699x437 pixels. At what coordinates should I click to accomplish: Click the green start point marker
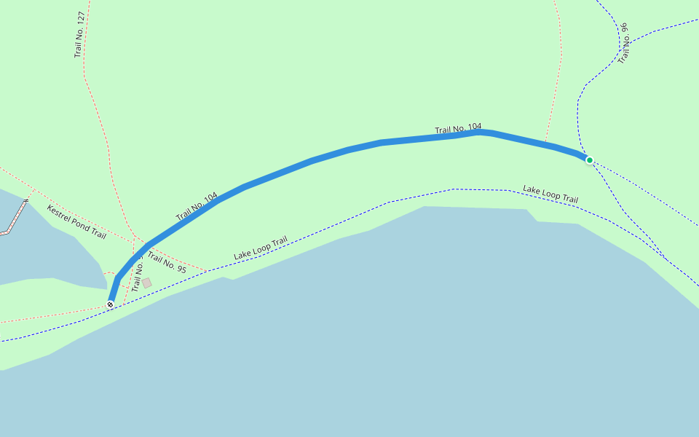[589, 160]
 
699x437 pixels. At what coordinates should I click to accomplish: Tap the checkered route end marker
[110, 304]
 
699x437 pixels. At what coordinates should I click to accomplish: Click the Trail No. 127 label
[80, 35]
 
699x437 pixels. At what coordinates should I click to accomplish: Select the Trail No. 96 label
[623, 43]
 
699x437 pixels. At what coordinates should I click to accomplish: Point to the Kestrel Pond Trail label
[76, 222]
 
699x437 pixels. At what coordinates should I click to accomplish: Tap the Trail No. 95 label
[167, 262]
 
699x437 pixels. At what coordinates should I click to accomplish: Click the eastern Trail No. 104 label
[458, 129]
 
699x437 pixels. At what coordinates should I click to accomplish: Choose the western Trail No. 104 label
[197, 207]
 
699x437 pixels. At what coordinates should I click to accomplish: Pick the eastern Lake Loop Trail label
[550, 194]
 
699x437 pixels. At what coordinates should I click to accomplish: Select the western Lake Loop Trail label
[261, 248]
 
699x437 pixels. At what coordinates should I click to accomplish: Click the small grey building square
[147, 283]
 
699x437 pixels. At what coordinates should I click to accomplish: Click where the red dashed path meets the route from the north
[545, 143]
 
